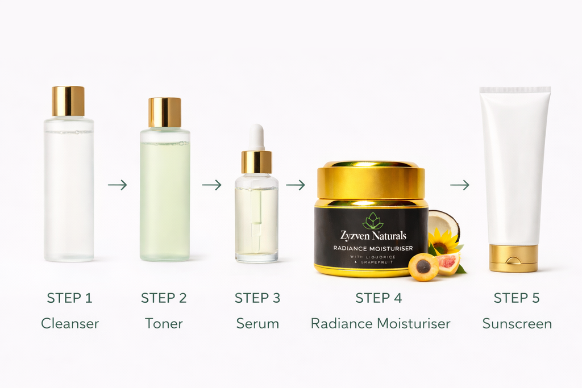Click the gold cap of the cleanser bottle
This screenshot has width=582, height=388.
point(68,101)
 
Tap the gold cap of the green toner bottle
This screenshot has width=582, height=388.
point(165,112)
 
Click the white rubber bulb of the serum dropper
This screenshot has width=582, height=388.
point(257,136)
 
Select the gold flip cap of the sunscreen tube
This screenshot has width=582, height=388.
point(514,258)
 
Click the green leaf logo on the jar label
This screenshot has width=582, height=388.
point(373,221)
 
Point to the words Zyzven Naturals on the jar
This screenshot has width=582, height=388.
point(373,236)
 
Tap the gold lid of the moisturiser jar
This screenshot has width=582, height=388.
point(371,180)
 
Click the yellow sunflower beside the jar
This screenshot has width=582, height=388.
point(444,241)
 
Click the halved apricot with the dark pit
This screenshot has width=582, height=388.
point(423,266)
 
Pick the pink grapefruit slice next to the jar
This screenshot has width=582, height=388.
point(448,262)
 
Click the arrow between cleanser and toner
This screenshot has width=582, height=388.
point(117,185)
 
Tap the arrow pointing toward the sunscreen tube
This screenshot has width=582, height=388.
point(460,185)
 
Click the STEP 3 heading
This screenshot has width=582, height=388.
point(257,298)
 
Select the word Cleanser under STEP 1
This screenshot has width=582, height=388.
point(69,324)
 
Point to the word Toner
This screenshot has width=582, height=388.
point(164,324)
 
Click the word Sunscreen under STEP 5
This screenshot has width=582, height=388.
point(517,324)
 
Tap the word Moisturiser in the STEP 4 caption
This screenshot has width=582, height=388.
point(414,324)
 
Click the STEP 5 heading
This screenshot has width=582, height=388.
point(517,298)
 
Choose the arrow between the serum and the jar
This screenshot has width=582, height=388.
point(296,185)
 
